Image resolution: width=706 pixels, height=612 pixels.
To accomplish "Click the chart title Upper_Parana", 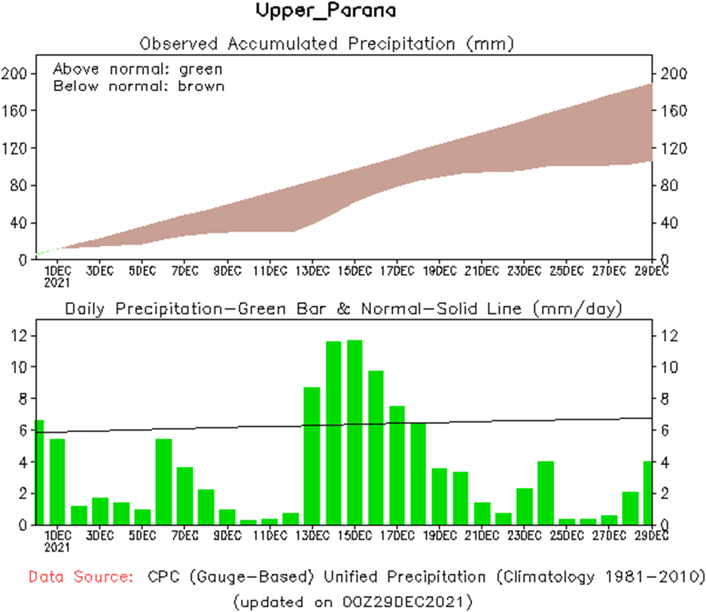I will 326,11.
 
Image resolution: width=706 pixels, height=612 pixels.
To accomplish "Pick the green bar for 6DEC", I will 163,481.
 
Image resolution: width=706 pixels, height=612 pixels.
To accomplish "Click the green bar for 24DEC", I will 546,492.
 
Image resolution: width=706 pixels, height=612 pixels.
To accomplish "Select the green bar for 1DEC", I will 57,481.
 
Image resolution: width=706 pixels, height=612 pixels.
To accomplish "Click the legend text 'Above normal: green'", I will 138,69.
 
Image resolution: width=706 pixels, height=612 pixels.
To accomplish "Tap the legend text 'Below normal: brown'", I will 138,86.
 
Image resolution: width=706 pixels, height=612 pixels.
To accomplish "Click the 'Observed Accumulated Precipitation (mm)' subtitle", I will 327,43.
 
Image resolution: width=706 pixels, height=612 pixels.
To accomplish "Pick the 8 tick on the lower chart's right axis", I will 665,399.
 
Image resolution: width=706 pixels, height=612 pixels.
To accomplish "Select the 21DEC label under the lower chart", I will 481,535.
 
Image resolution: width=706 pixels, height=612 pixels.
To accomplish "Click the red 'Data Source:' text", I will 81,577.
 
